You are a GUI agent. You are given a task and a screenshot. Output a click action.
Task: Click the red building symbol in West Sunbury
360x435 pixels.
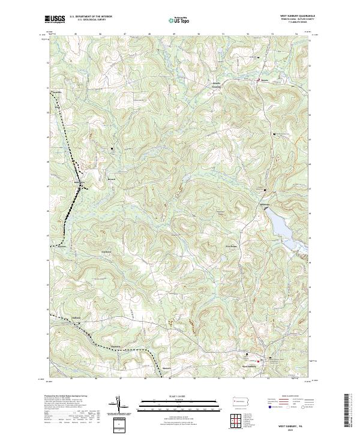click(259, 361)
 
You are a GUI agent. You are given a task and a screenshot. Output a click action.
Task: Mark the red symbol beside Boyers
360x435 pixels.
click(259, 80)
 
